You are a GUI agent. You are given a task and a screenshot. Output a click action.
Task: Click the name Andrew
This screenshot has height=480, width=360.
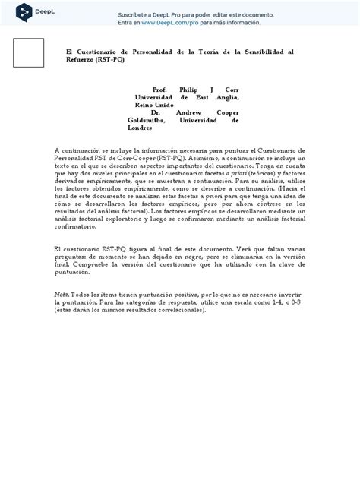click(186, 112)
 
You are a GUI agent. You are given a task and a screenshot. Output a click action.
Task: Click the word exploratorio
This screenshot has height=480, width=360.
click(141, 218)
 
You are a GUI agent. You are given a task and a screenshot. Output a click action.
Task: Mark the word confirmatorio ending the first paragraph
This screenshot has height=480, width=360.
click(80, 226)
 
